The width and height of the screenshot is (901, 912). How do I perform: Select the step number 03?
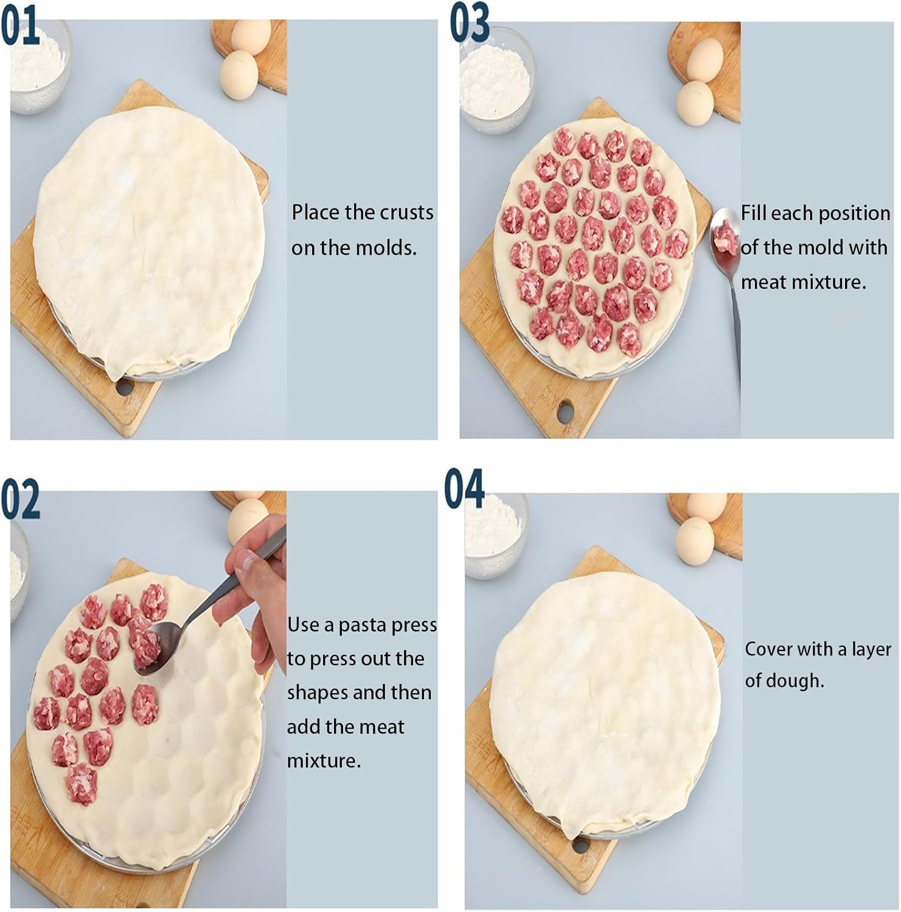469,22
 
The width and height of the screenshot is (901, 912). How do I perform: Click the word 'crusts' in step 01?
407,212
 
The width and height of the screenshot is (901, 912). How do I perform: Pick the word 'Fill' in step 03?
754,213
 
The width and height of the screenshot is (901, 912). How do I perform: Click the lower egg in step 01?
238,75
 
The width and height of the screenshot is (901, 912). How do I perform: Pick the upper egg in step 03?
704,61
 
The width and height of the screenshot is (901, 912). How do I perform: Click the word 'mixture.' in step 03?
803,282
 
